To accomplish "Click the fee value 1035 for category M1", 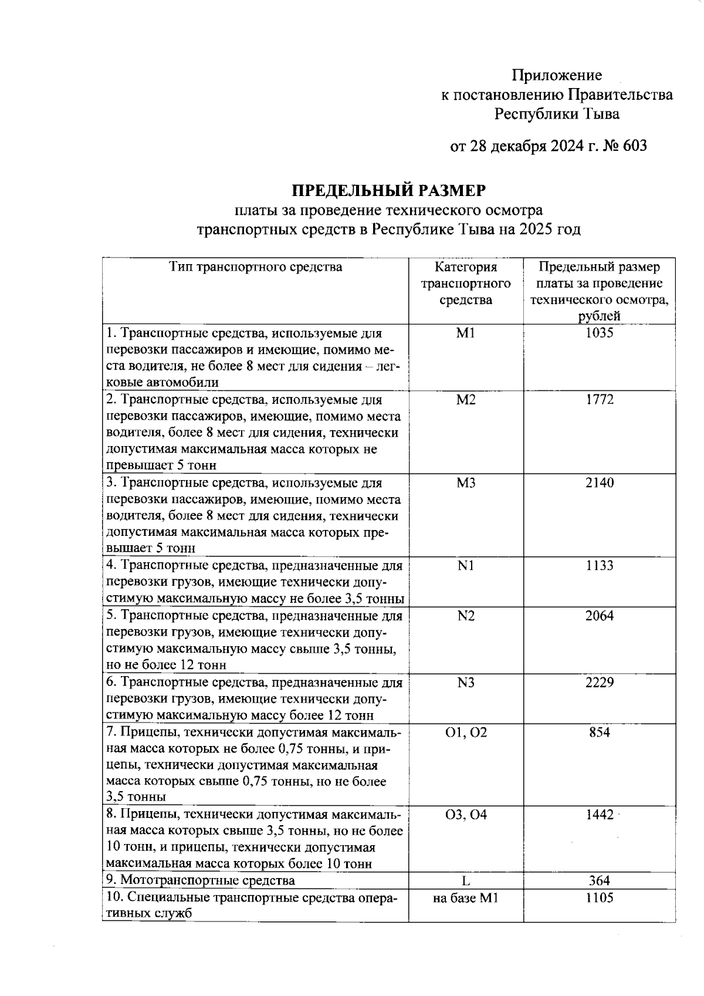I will click(x=599, y=333).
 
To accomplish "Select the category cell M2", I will click(x=466, y=400).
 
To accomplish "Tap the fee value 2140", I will click(x=599, y=482).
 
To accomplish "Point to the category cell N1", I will click(x=466, y=565).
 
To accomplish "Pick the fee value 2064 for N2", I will click(x=599, y=616).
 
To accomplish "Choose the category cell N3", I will click(x=466, y=683).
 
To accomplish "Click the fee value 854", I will click(x=599, y=732).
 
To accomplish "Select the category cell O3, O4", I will click(x=466, y=815).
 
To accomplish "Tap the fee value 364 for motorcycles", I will click(x=599, y=880).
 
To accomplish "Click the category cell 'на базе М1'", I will click(x=466, y=897).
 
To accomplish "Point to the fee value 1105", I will click(x=599, y=897).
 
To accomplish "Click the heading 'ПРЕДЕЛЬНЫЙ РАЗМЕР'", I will click(x=389, y=191).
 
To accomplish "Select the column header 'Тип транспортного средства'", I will click(x=255, y=267).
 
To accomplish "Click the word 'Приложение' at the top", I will click(x=556, y=75).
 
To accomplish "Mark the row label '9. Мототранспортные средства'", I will click(x=201, y=880).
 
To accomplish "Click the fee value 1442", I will click(x=599, y=815).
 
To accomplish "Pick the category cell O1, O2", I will click(x=466, y=732).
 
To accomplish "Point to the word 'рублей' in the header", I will click(x=599, y=316).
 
